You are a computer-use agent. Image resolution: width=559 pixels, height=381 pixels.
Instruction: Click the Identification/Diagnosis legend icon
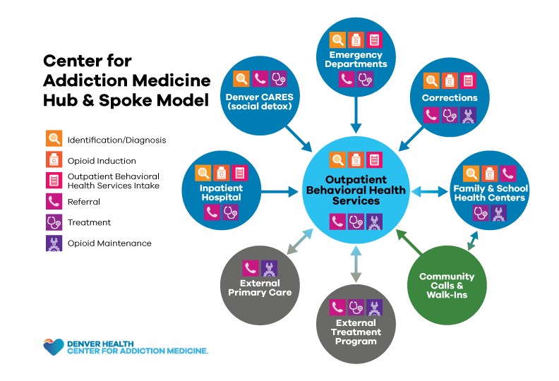(x=54, y=139)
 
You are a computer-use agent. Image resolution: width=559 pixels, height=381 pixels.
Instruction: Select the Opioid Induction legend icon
(x=54, y=160)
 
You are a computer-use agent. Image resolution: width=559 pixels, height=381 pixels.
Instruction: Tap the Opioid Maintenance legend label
(x=109, y=243)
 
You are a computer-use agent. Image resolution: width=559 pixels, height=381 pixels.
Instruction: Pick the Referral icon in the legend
(x=54, y=202)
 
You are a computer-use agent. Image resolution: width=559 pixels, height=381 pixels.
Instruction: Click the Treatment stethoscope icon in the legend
(x=54, y=222)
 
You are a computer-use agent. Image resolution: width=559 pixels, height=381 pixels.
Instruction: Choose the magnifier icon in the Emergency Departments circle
(x=339, y=40)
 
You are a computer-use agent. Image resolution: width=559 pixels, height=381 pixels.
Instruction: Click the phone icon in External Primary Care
(x=250, y=268)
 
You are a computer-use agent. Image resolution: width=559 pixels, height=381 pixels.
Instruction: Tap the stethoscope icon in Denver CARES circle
(x=279, y=79)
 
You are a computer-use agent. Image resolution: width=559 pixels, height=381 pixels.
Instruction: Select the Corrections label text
(x=450, y=97)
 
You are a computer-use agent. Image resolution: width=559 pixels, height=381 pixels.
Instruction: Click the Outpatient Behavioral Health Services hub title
(x=356, y=190)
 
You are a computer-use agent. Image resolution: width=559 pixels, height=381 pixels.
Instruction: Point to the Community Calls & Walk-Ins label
(x=447, y=285)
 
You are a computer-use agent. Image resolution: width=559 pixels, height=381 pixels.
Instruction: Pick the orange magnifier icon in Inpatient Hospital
(x=203, y=172)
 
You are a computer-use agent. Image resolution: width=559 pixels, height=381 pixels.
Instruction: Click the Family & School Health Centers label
(x=489, y=193)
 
